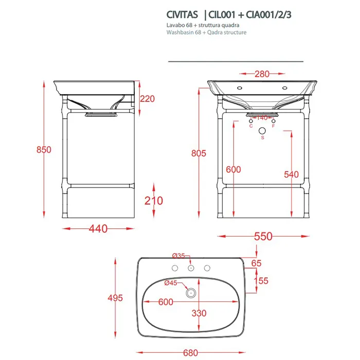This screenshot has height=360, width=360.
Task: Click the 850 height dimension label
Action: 44,150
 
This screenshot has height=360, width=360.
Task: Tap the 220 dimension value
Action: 148,99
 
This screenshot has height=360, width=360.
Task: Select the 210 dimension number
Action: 154,201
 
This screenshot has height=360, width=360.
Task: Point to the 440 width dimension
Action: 98,229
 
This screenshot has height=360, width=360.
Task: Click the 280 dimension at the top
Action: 262,74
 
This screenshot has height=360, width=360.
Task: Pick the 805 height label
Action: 199,153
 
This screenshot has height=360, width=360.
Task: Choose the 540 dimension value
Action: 292,174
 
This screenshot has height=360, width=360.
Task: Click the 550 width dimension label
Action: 263,236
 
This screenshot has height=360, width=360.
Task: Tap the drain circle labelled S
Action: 262,131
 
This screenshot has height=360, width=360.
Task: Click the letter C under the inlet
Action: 251,126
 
